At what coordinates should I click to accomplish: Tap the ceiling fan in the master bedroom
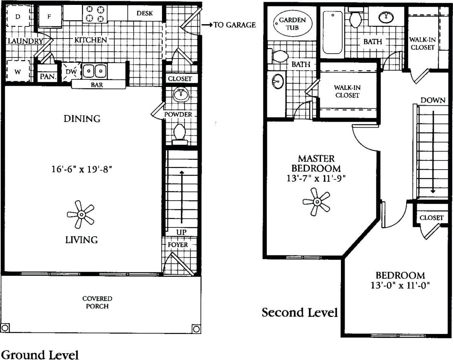coord(316,202)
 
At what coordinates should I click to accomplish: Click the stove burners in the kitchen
coord(95,14)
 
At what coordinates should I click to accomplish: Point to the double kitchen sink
coord(94,71)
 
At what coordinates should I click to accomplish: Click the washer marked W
coord(18,71)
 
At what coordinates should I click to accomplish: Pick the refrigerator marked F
coord(49,17)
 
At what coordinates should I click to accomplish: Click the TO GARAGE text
coord(234,25)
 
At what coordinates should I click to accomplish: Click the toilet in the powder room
coord(180,133)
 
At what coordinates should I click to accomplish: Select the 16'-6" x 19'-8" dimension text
coord(83,170)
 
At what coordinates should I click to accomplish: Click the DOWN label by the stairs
coord(433,100)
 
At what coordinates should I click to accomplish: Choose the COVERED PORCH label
coord(97,302)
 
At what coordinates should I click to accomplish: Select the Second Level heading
coord(300,313)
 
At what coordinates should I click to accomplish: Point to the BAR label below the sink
coord(97,85)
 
